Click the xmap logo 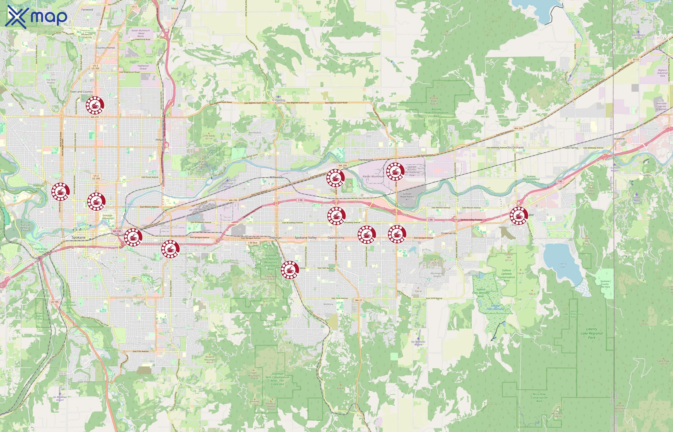[x=36, y=17]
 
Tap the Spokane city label [x=79, y=237]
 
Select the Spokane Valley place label [x=305, y=238]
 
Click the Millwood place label [x=276, y=177]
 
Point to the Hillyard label [x=161, y=140]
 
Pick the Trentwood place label [x=365, y=160]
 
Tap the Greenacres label [x=449, y=233]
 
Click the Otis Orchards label [x=515, y=148]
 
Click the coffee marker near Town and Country [x=95, y=105]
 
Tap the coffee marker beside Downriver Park [x=61, y=192]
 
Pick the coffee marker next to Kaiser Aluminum [x=395, y=171]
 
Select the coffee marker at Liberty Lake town [x=519, y=216]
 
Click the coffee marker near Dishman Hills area [x=290, y=270]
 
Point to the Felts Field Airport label [x=227, y=185]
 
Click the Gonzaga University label [x=107, y=217]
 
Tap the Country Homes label [x=105, y=48]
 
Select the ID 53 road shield [x=636, y=60]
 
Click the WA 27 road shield [x=358, y=300]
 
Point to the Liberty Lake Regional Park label [x=592, y=333]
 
